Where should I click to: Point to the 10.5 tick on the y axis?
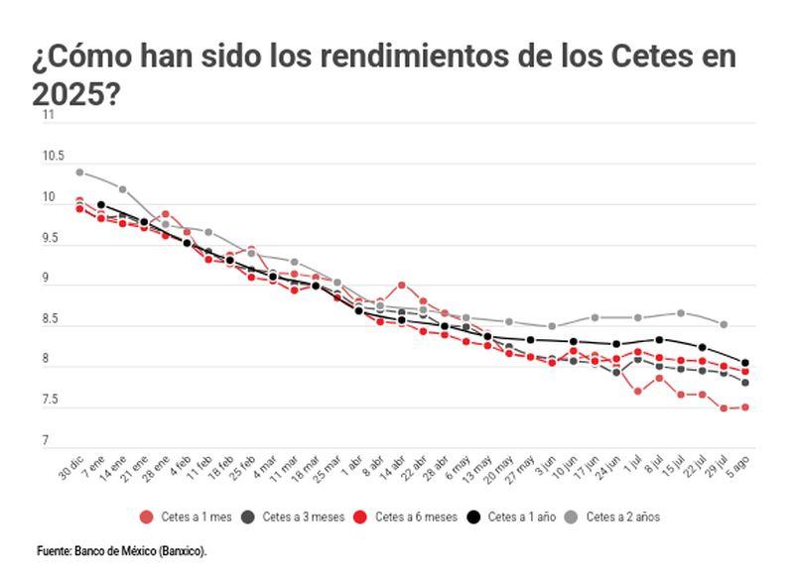point(53,157)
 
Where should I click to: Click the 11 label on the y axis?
point(47,116)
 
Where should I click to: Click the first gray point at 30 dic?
point(79,173)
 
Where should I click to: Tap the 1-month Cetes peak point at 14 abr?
point(401,285)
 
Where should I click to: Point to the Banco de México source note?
point(122,549)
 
